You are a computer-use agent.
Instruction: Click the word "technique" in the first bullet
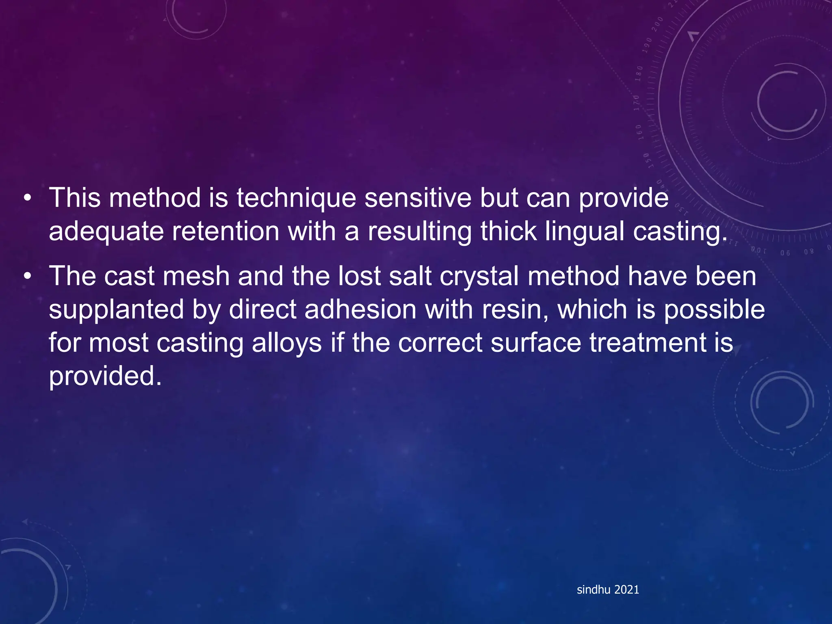[x=296, y=199]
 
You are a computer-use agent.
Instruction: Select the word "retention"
[x=225, y=232]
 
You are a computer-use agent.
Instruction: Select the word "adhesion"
[x=360, y=310]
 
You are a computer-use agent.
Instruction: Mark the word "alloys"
[x=287, y=343]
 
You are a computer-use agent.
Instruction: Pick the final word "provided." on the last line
[x=105, y=377]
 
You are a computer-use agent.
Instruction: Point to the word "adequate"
[x=106, y=232]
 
